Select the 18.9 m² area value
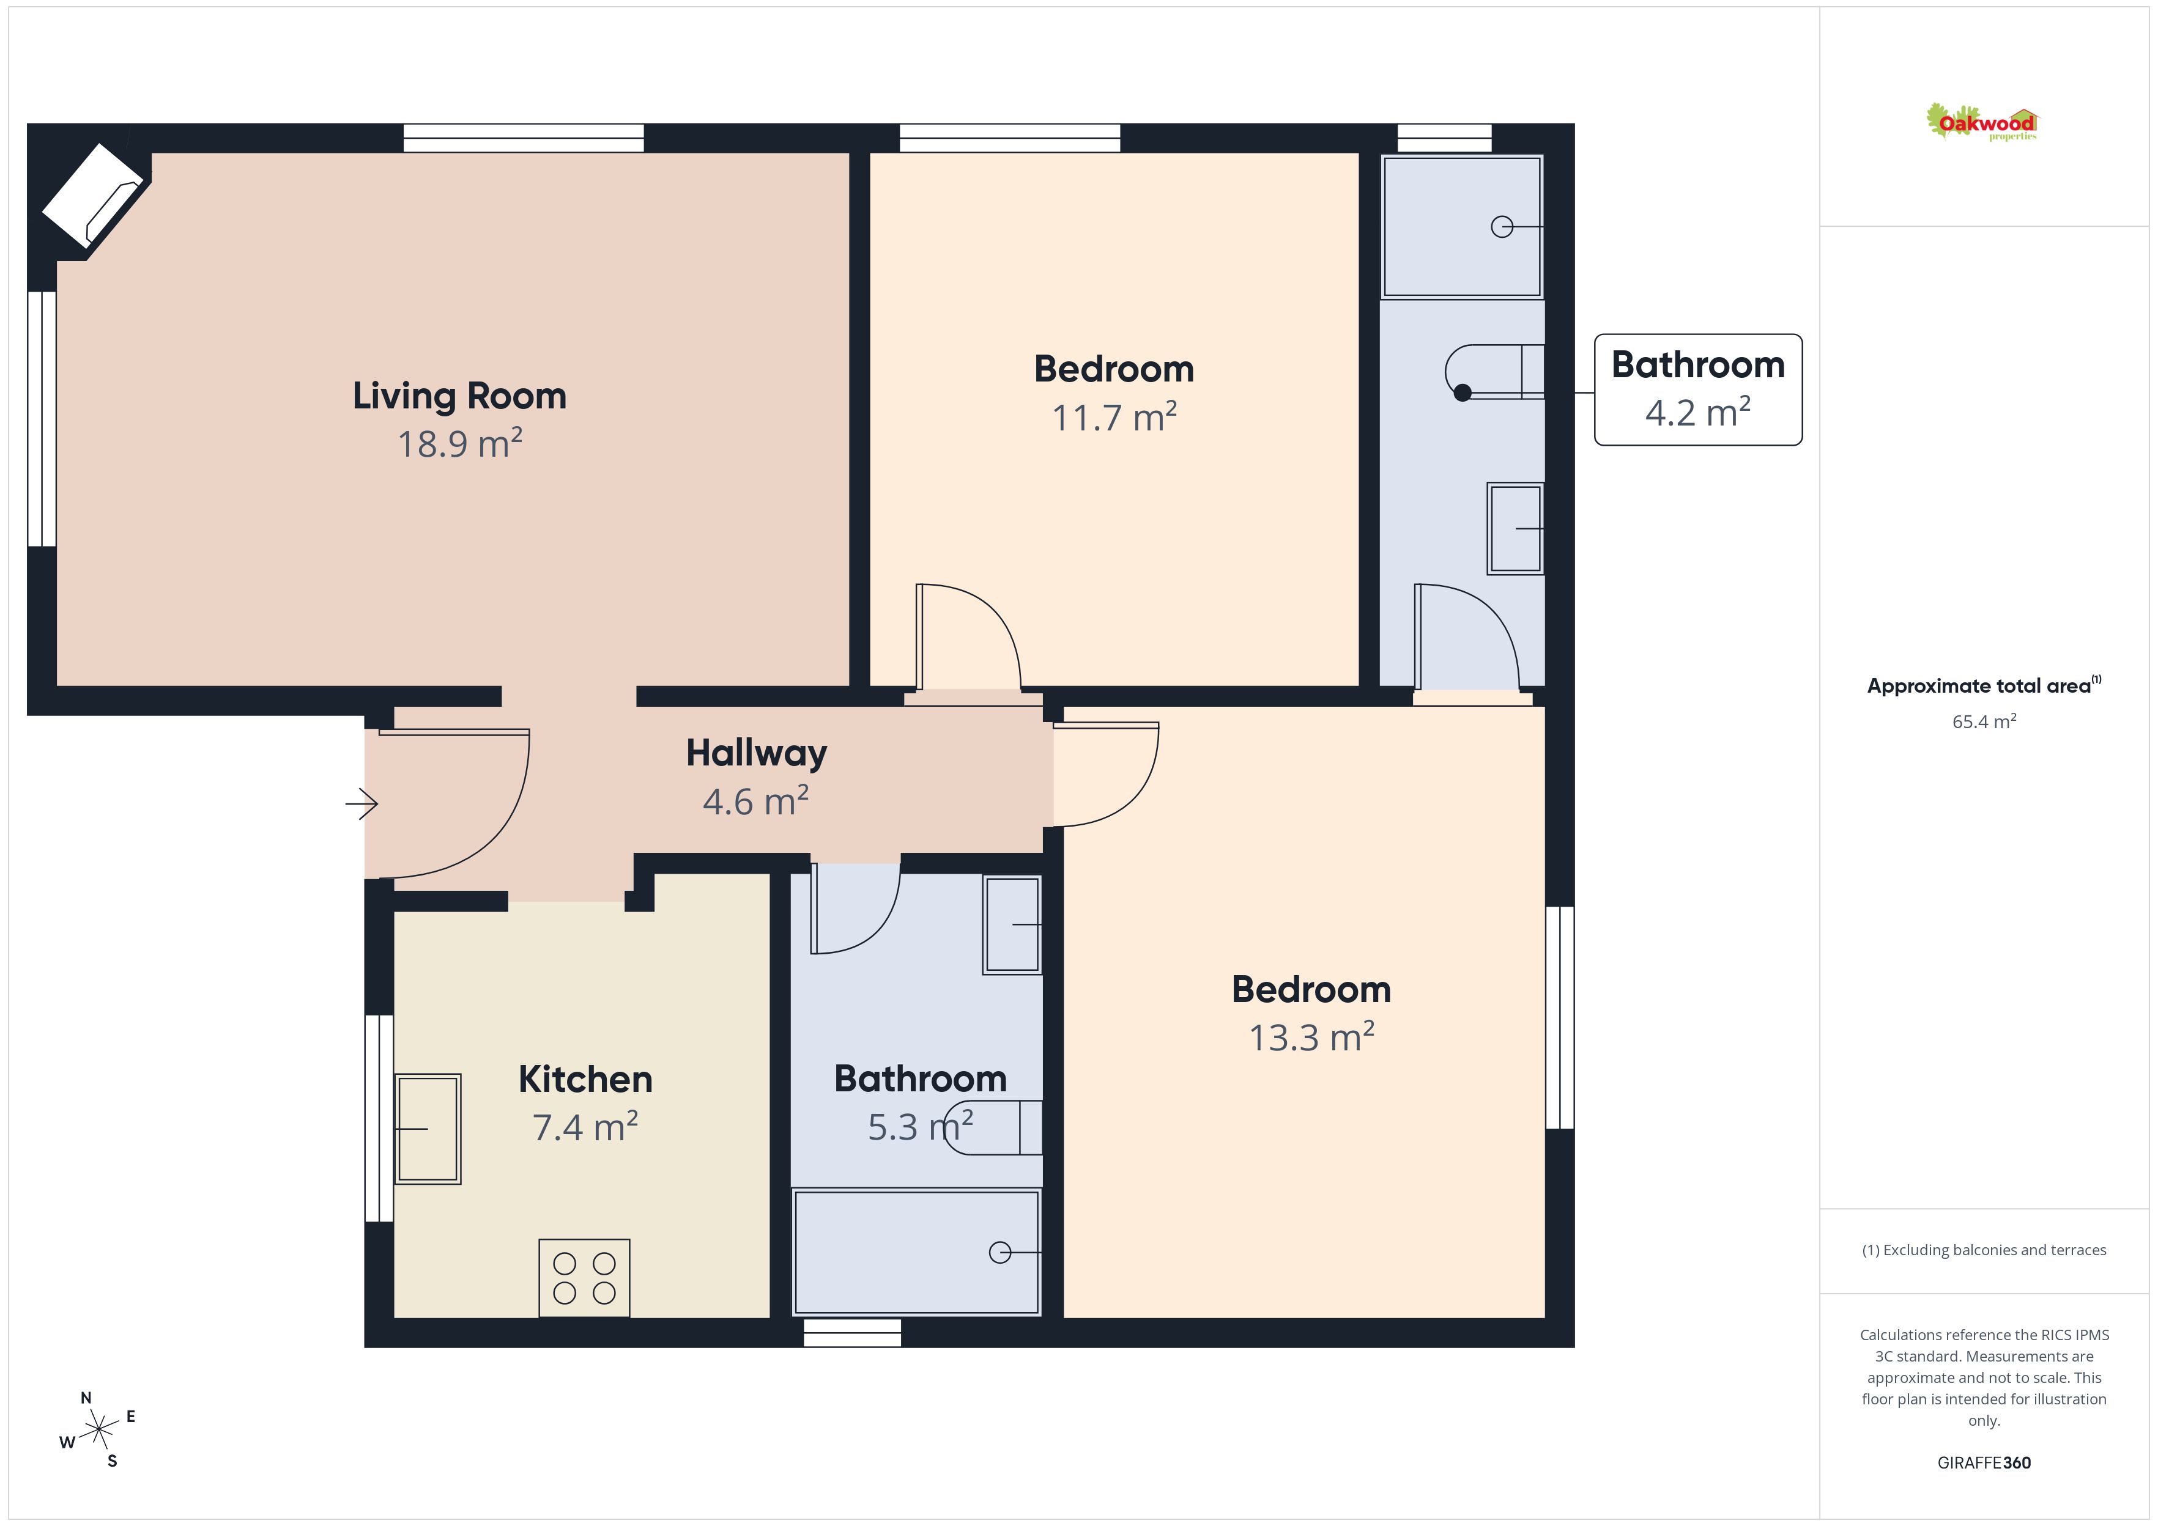point(459,443)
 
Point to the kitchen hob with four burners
point(584,1278)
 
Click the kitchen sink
point(428,1129)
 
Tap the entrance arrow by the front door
point(362,803)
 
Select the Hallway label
point(757,753)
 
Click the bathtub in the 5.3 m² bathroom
point(916,1251)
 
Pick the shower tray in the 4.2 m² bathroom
point(1463,226)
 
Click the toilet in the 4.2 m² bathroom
point(1494,372)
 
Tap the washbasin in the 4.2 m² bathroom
point(1515,528)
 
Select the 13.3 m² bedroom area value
point(1311,1038)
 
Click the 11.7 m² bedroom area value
point(1114,417)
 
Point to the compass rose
point(98,1430)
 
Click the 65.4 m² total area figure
point(1984,721)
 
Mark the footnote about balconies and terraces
point(1984,1250)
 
